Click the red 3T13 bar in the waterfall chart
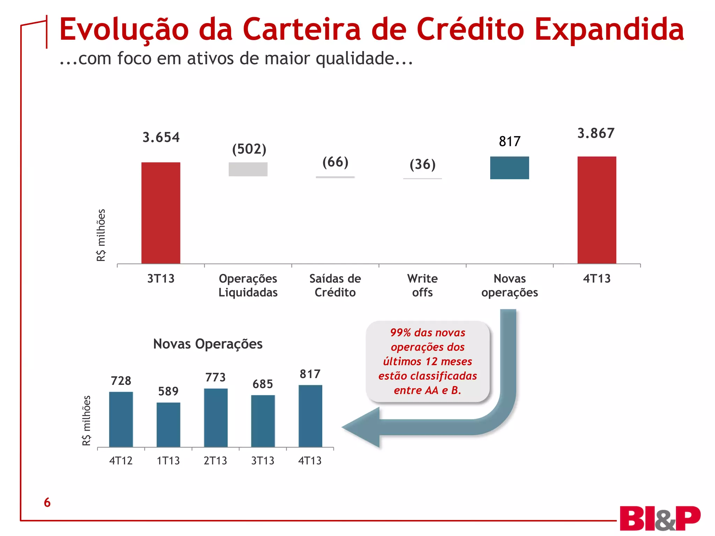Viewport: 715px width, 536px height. tap(161, 213)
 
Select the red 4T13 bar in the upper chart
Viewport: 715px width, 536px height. tap(597, 210)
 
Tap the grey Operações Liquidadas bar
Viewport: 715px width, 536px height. tap(248, 169)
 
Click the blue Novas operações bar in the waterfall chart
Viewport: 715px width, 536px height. tap(509, 168)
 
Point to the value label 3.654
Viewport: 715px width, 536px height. tap(161, 137)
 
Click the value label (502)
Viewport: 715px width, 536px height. tap(249, 149)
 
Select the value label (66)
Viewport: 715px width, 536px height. tap(335, 162)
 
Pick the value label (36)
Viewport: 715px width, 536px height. tap(422, 164)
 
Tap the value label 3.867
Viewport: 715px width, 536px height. tap(596, 133)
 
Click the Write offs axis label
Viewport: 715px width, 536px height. tap(422, 285)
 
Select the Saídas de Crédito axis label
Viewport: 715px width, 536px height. tap(335, 285)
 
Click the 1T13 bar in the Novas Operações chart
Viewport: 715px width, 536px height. tap(168, 425)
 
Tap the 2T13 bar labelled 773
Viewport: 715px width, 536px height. tap(216, 418)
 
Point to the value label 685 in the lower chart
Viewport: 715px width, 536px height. tap(263, 384)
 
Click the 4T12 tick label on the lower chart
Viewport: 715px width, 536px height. tap(121, 461)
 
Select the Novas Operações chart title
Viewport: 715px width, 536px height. tap(208, 344)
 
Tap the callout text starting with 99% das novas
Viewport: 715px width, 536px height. tap(427, 361)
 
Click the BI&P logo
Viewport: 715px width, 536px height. tap(659, 518)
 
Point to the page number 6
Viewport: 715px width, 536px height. tap(47, 502)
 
